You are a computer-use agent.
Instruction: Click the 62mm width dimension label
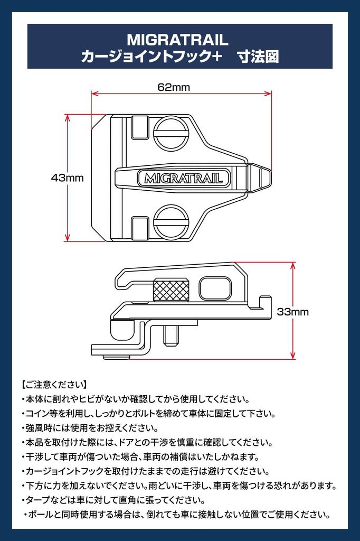click(x=174, y=87)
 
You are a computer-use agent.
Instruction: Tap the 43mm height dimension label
click(x=67, y=178)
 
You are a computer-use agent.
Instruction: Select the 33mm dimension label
click(x=293, y=312)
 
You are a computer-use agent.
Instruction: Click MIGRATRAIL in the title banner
click(x=177, y=40)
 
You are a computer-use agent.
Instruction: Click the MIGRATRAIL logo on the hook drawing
click(x=184, y=178)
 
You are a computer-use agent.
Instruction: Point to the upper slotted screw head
click(x=171, y=133)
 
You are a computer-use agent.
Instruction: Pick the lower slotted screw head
click(x=171, y=222)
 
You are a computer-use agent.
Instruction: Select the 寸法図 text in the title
click(x=258, y=57)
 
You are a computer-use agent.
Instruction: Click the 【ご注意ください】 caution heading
click(x=54, y=385)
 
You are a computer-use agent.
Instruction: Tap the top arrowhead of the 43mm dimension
click(x=67, y=118)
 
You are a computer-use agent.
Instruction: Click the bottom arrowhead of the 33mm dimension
click(x=293, y=356)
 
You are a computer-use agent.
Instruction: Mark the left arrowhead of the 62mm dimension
click(x=95, y=93)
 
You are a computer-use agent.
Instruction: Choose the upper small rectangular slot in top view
click(x=140, y=127)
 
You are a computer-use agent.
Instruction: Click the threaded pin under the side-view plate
click(x=171, y=335)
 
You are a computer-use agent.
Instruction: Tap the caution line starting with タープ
click(x=113, y=500)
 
